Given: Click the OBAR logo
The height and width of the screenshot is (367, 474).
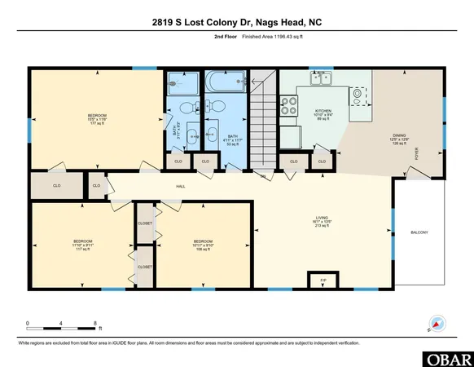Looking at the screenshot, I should point(447,358).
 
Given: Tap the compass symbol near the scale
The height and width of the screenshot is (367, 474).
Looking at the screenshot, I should point(436,324).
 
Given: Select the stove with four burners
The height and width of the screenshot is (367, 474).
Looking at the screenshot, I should point(289,105).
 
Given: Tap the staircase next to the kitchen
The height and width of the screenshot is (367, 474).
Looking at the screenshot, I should point(262,122).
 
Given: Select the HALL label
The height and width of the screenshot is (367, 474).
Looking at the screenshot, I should point(182,187).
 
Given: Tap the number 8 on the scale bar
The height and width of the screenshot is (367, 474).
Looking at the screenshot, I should point(96,323).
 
